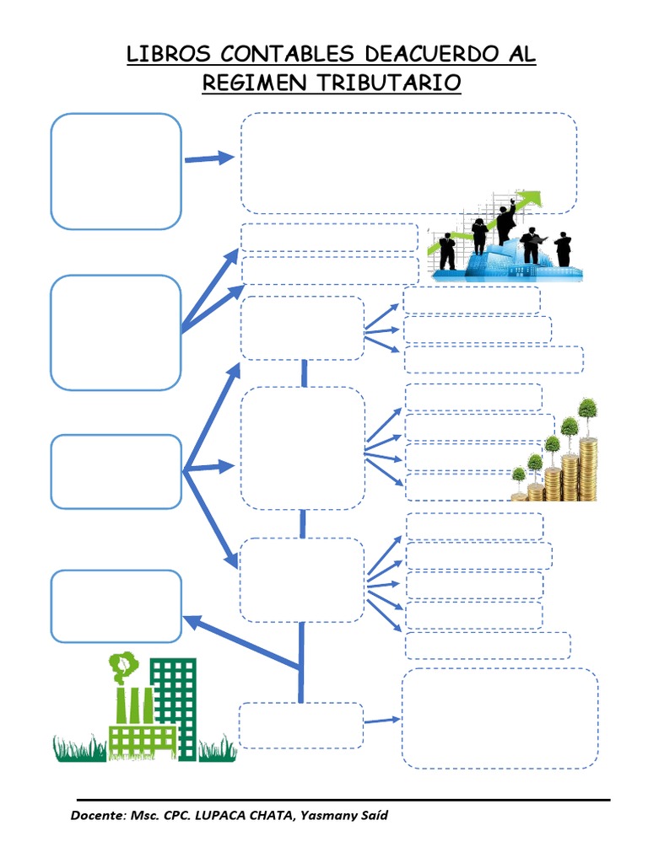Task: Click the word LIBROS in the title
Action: click(x=169, y=54)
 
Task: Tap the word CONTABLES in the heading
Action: click(x=287, y=54)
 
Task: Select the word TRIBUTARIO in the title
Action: click(x=389, y=83)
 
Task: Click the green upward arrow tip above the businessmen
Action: click(x=534, y=197)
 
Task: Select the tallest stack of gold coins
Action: click(x=588, y=469)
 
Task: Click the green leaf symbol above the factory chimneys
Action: click(x=122, y=666)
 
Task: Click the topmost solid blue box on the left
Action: click(x=116, y=171)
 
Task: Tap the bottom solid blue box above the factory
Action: click(x=116, y=606)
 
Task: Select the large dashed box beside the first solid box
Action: click(x=409, y=163)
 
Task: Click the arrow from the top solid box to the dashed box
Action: click(x=209, y=158)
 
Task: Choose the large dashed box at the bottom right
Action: click(x=499, y=718)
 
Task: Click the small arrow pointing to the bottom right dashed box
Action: click(x=382, y=720)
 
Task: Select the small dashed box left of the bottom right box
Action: click(x=301, y=726)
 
